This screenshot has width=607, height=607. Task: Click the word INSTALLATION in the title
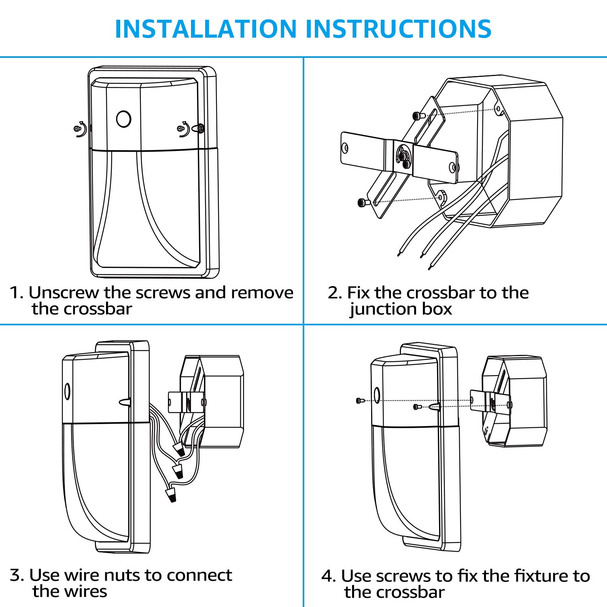tap(206, 29)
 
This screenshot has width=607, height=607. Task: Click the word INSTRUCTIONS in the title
tap(398, 29)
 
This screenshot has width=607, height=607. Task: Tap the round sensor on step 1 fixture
tap(123, 119)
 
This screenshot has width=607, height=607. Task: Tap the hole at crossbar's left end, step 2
tap(345, 148)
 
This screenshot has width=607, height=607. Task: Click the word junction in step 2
tap(383, 309)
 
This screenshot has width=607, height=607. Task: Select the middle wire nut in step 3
tap(178, 471)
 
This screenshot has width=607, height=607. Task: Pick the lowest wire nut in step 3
tap(171, 495)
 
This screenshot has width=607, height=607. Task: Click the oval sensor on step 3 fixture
tap(67, 391)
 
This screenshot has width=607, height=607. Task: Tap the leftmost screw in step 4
tap(360, 401)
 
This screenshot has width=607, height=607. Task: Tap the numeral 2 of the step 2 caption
tap(333, 293)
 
